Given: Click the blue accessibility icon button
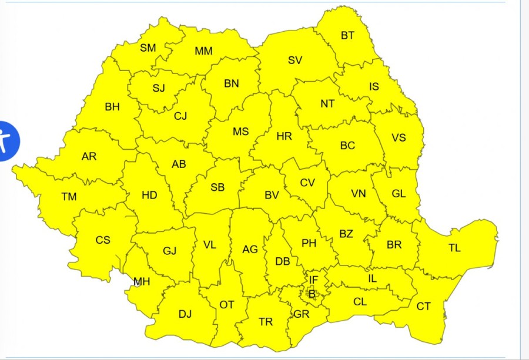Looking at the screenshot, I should coord(7,141).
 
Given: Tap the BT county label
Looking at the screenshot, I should coord(348,35).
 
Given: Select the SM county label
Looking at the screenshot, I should coord(148,48).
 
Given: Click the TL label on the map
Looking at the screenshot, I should coord(454,248).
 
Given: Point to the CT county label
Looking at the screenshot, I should coord(423,306).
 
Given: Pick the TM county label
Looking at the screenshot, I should coord(69,197).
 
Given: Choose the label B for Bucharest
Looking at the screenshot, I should coord(312,294).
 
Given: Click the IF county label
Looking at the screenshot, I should coord(313,280).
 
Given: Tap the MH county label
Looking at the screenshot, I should coord(142,282).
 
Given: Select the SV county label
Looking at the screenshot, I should coord(295,60).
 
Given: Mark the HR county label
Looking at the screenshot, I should coord(284,136).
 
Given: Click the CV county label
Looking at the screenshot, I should coord(307,183).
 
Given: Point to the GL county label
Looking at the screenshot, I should coord(399,194).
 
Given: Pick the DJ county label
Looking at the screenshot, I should coord(185,314).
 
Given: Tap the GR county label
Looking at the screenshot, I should coord(302,314).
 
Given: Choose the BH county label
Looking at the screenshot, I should coord(112,107).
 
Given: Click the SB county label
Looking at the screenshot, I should coord(217,187).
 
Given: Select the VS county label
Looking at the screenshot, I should coord(399,138).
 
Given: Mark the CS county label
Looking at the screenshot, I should coord(103,240).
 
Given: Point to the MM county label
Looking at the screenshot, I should coord(203,51).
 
